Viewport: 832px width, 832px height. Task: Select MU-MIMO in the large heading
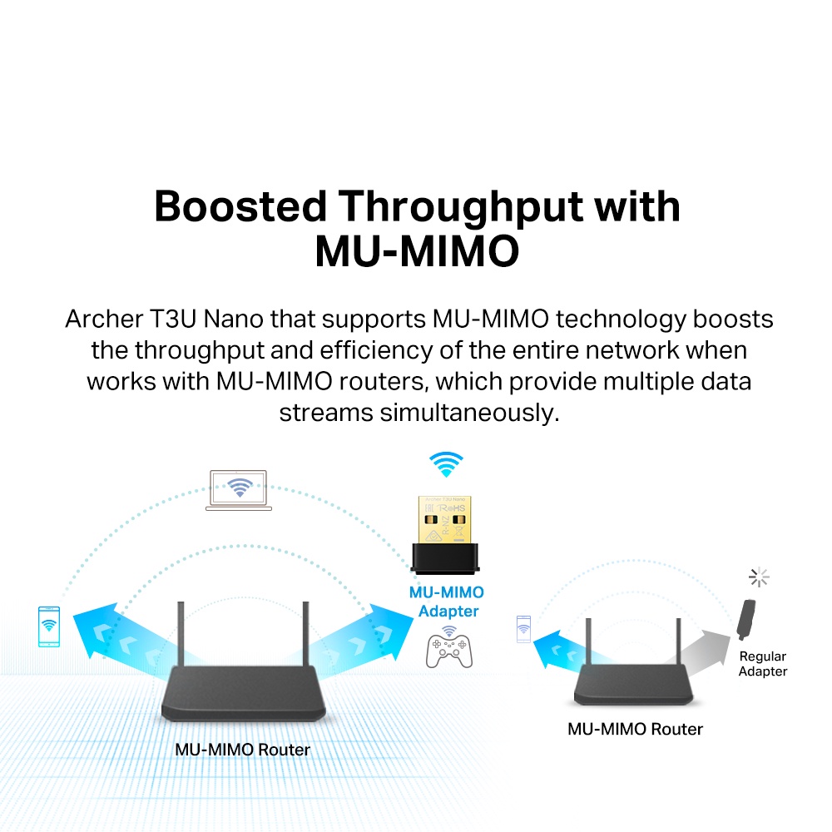pyautogui.click(x=416, y=251)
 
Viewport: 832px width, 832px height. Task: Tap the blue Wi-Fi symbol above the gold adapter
pyautogui.click(x=446, y=463)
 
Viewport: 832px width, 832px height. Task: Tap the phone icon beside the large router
pyautogui.click(x=49, y=626)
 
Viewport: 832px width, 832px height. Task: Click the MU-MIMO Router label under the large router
pyautogui.click(x=242, y=750)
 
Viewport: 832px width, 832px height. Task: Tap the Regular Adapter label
pyautogui.click(x=762, y=664)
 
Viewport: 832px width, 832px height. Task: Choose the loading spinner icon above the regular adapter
pyautogui.click(x=758, y=577)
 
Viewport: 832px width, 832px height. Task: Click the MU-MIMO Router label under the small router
pyautogui.click(x=635, y=730)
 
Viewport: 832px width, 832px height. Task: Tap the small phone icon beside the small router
pyautogui.click(x=523, y=629)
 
